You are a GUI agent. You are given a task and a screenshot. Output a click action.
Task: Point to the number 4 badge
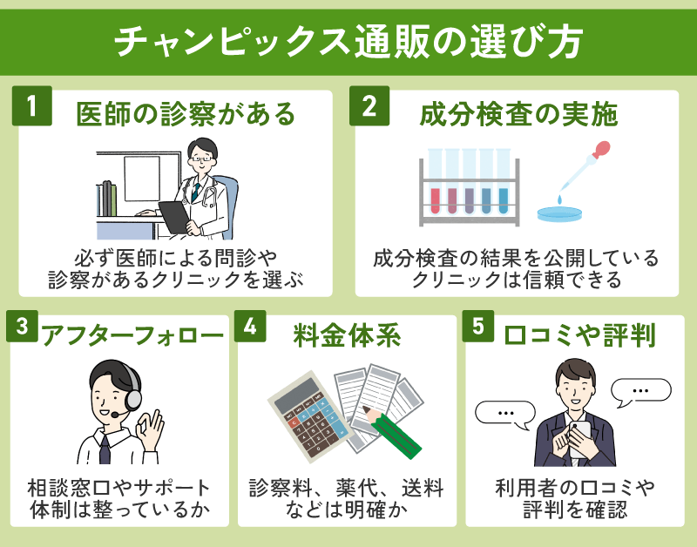(250, 328)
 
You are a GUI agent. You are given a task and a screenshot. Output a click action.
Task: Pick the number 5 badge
(478, 328)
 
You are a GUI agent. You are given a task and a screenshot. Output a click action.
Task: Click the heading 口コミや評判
(583, 335)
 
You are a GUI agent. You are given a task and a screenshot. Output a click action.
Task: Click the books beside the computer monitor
(108, 199)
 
